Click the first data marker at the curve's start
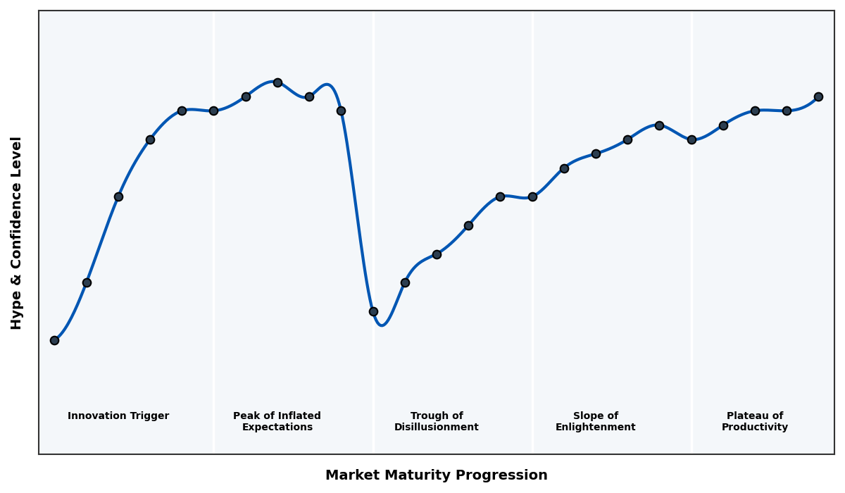click(54, 340)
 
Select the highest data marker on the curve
click(277, 82)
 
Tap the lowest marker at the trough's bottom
click(373, 311)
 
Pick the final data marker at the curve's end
click(818, 96)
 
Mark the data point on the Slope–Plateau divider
click(691, 139)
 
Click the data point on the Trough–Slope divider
click(532, 196)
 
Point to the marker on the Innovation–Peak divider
click(213, 111)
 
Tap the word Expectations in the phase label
click(277, 428)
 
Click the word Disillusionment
click(437, 428)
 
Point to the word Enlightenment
click(596, 428)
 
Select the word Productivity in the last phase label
click(755, 428)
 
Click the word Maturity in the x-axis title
click(405, 475)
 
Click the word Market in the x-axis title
click(349, 475)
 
